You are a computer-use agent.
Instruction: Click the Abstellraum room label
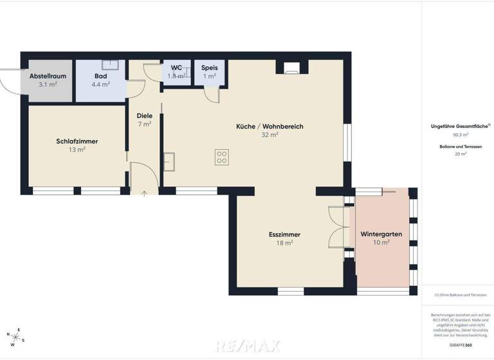point(48,76)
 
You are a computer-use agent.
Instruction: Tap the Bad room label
point(100,76)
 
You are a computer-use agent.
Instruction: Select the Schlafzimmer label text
point(77,141)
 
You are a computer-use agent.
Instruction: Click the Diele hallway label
point(144,116)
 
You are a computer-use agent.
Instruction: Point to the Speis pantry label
point(209,67)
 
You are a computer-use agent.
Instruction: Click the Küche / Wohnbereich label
point(270,127)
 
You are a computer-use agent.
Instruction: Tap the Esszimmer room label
point(285,235)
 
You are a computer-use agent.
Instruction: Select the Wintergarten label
point(381,234)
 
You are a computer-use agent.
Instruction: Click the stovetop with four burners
point(222,156)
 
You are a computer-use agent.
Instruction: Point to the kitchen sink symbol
point(170,161)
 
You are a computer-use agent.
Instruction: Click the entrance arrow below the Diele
point(143,193)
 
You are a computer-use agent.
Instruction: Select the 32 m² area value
point(270,135)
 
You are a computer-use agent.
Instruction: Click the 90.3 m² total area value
point(461,135)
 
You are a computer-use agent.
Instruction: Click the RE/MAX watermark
point(247,346)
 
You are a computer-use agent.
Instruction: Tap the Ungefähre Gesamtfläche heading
point(461,127)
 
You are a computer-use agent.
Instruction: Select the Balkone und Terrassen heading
point(461,147)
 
